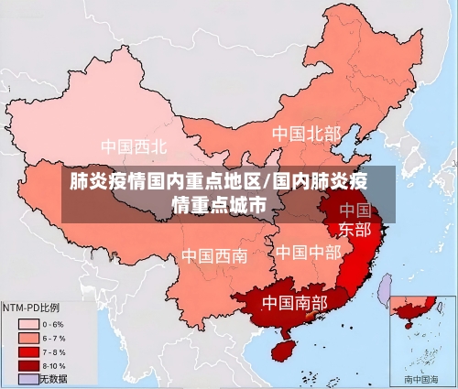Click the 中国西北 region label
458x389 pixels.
134,146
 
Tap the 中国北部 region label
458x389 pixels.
306,134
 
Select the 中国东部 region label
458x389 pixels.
354,219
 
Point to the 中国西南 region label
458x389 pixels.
213,255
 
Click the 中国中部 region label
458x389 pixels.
308,251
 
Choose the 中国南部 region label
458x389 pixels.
294,301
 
